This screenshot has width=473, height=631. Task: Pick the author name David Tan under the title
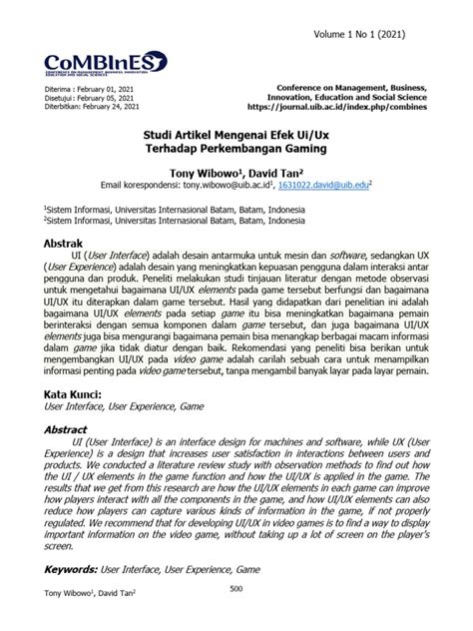[x=274, y=171]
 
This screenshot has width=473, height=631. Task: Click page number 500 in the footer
[x=236, y=615]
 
